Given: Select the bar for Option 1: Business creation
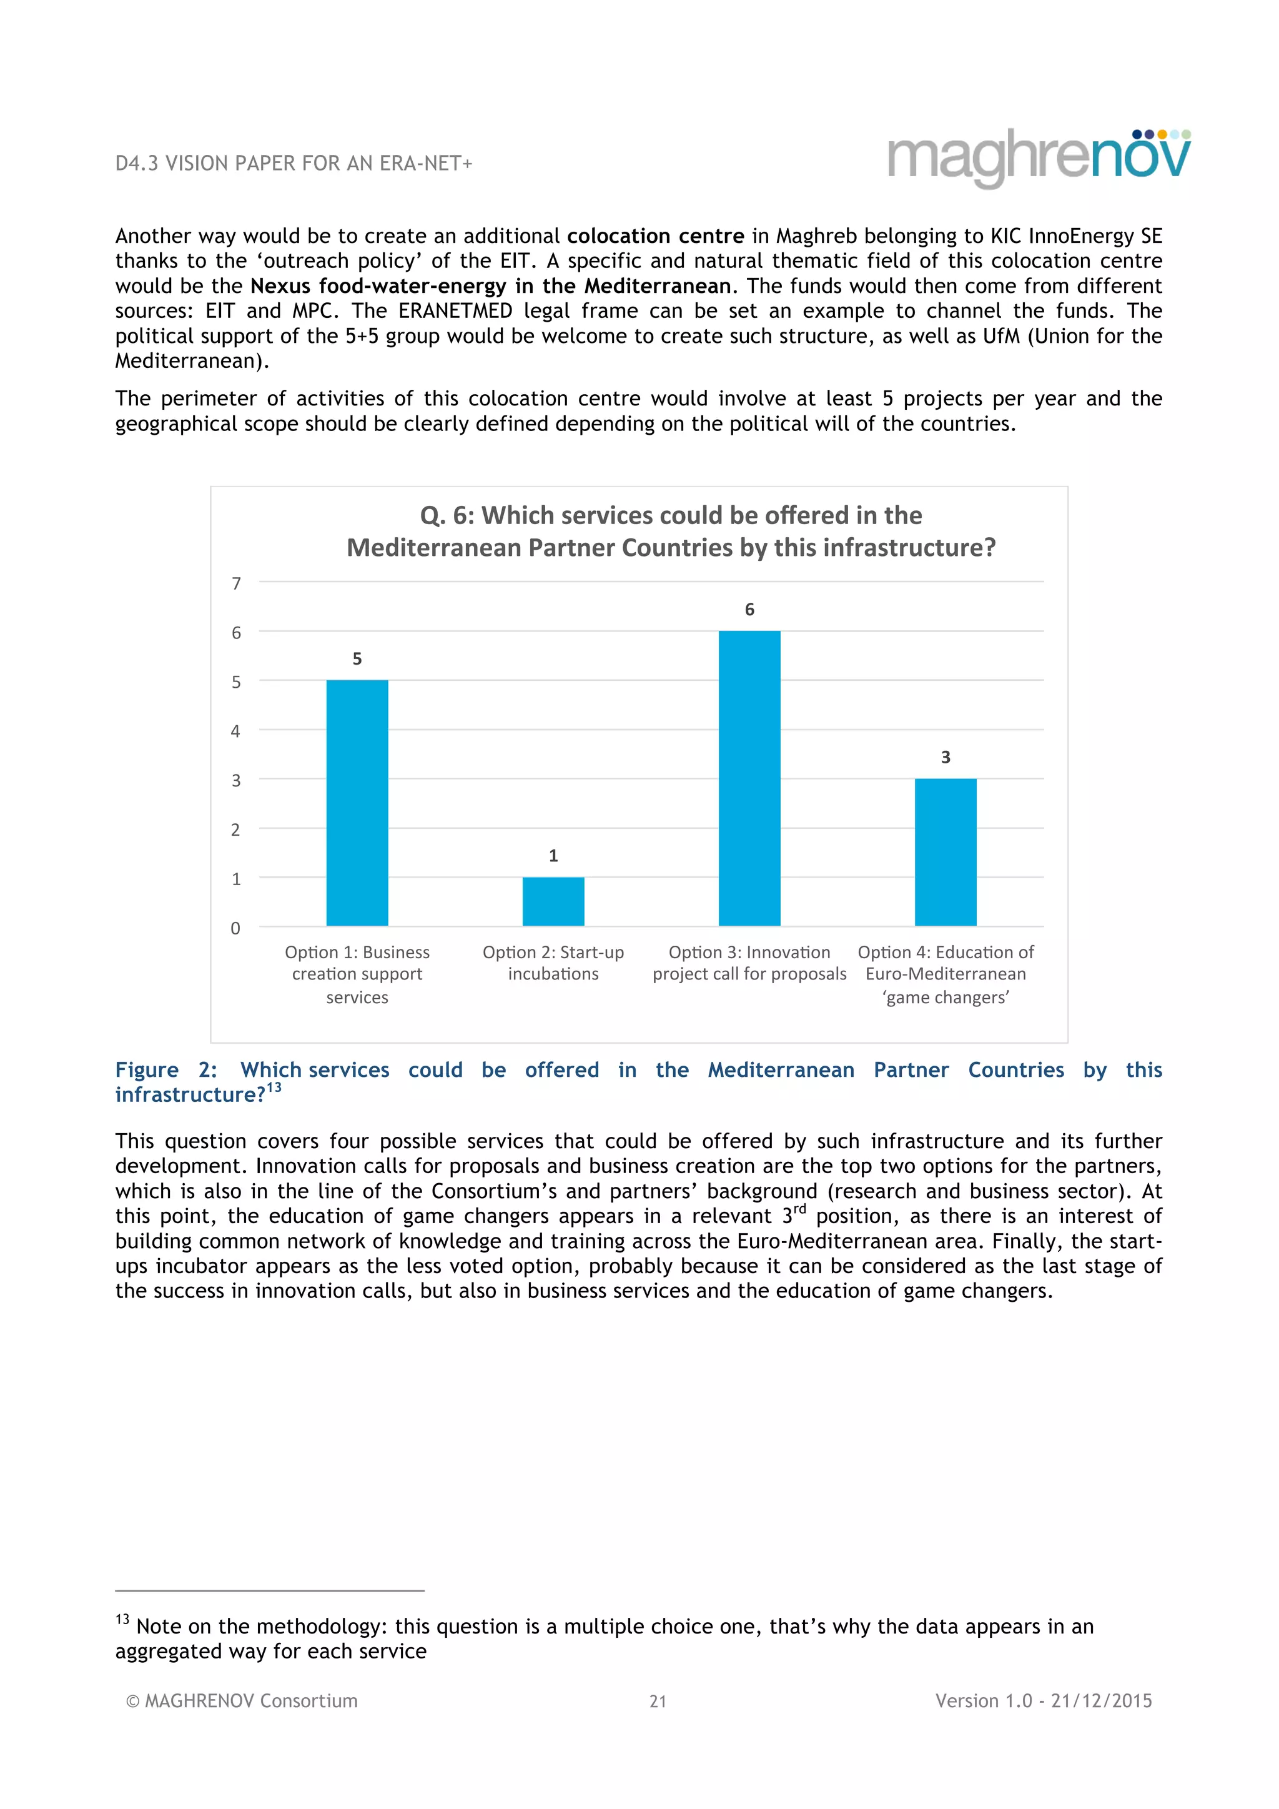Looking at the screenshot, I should click(x=357, y=802).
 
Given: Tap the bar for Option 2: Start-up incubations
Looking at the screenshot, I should click(x=553, y=901).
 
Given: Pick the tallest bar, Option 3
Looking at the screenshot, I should click(x=749, y=778).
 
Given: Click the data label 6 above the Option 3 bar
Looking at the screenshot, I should click(x=749, y=609).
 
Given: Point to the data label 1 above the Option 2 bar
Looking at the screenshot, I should click(x=553, y=856).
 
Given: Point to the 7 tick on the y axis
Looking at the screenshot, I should click(x=235, y=583).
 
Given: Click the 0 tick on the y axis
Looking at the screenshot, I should click(x=235, y=928).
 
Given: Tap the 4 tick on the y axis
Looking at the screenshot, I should click(x=235, y=731).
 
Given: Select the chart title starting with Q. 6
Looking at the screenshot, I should click(x=671, y=531).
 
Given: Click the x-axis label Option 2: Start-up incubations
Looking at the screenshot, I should click(x=553, y=963).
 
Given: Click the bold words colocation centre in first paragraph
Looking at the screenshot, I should click(x=655, y=236).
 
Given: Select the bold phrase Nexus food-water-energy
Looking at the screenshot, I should click(x=378, y=286).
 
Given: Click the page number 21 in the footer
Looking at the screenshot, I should click(x=658, y=1701).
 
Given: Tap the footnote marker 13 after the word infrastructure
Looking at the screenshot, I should click(x=274, y=1088).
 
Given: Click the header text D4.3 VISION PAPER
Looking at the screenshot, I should click(x=293, y=164).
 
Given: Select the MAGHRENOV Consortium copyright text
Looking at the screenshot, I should click(x=242, y=1700).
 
